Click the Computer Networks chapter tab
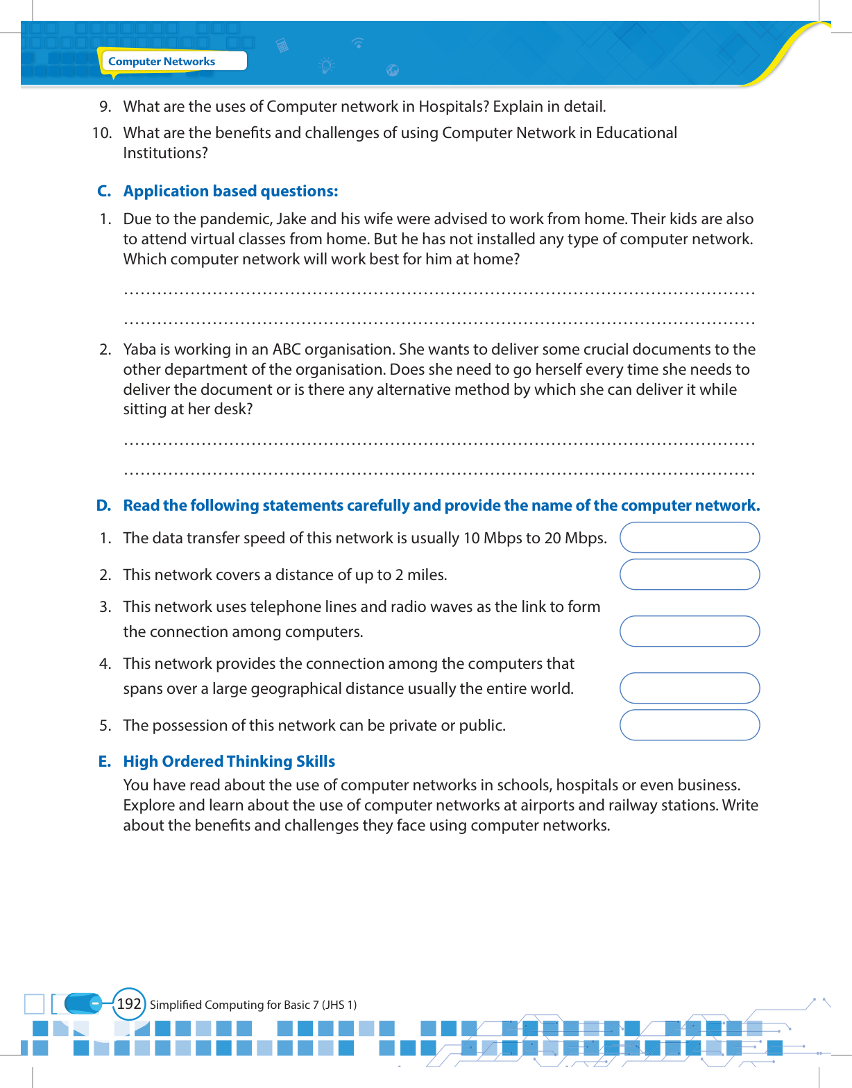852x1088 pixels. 162,61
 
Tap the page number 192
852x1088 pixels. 129,1004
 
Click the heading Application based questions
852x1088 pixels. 230,191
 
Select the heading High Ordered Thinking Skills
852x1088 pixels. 229,761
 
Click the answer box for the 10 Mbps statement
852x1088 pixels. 689,538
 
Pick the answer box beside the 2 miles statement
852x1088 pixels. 689,575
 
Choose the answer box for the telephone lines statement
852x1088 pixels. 689,631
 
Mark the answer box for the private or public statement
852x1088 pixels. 689,725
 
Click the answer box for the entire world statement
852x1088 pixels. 689,688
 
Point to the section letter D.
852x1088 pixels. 103,505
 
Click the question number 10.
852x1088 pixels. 102,133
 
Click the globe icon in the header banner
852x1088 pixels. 393,69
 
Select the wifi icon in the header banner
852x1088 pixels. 358,42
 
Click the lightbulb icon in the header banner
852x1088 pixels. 326,66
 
